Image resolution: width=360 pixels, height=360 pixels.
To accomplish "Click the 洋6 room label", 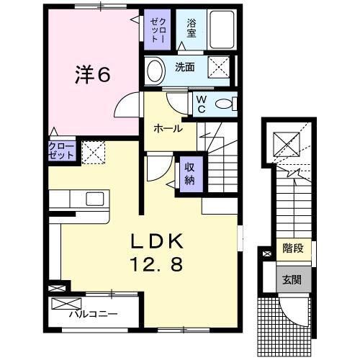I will pyautogui.click(x=93, y=74).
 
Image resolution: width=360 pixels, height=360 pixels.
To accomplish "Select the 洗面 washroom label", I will pyautogui.click(x=185, y=68).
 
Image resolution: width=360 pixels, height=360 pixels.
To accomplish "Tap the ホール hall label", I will pyautogui.click(x=166, y=128).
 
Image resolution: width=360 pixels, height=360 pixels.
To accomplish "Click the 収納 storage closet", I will pyautogui.click(x=189, y=173).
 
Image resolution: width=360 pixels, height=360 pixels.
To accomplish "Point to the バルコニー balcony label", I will pyautogui.click(x=94, y=315).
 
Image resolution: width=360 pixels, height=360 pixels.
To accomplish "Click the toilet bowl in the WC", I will pyautogui.click(x=225, y=104).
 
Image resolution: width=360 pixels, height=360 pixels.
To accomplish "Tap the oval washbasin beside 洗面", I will pyautogui.click(x=155, y=70).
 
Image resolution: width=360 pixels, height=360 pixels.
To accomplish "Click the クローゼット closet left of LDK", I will pyautogui.click(x=59, y=150).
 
